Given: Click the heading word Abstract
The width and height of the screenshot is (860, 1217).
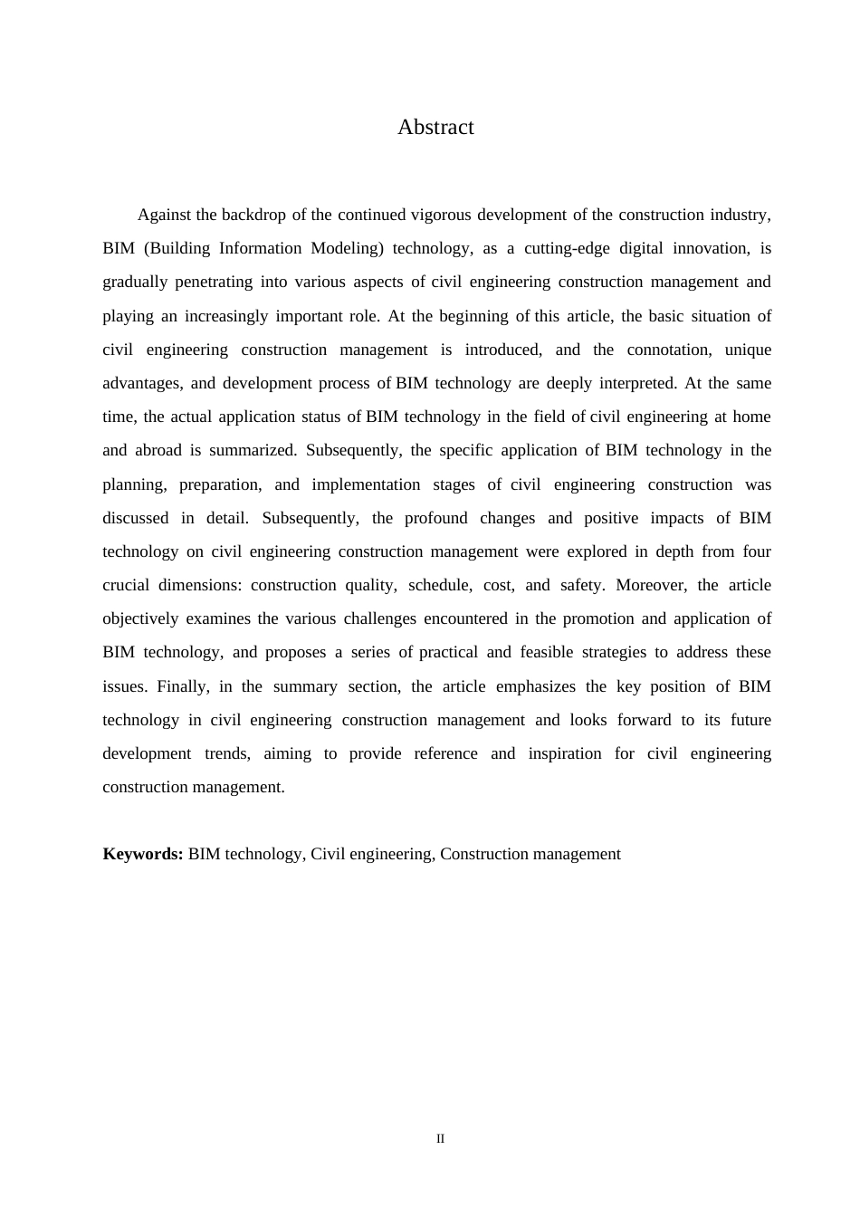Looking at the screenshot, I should click(435, 128).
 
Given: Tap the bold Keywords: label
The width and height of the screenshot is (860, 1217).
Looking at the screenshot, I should click(143, 854).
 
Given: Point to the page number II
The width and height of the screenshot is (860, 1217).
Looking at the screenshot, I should click(441, 1139).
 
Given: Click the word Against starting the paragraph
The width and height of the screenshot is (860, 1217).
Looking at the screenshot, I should click(164, 216).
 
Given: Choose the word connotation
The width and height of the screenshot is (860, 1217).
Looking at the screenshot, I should click(668, 350).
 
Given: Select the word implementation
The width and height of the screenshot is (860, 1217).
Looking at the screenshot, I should click(366, 484).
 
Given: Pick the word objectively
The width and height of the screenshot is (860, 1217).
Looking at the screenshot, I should click(140, 619).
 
